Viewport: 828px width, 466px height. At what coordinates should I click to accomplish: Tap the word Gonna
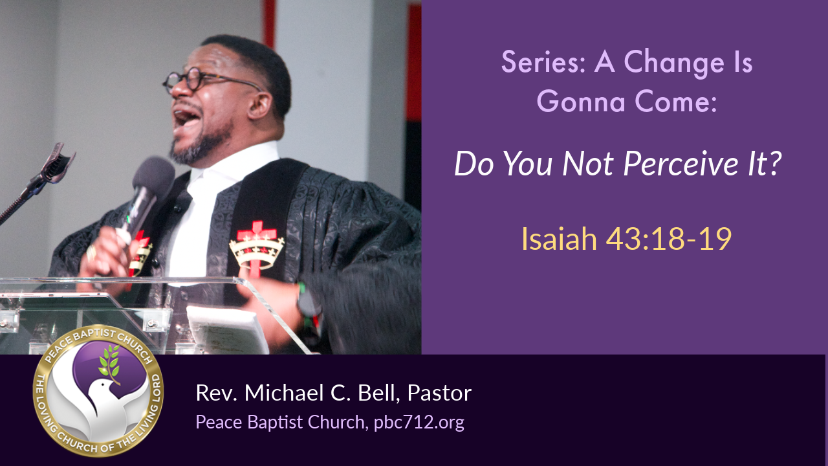click(x=581, y=101)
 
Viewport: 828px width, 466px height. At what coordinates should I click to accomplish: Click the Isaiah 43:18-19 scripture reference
click(x=626, y=239)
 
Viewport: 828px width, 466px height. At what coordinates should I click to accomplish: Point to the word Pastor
click(x=439, y=393)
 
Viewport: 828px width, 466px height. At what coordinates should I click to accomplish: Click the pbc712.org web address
click(x=419, y=423)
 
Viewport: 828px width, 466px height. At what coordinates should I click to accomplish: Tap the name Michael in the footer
click(x=284, y=393)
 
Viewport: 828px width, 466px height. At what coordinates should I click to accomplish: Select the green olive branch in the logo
click(x=110, y=363)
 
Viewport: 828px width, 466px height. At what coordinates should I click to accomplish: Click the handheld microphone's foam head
click(x=154, y=175)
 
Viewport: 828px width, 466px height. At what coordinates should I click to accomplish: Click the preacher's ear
click(x=260, y=105)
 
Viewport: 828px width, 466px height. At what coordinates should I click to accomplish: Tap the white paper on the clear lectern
click(x=227, y=330)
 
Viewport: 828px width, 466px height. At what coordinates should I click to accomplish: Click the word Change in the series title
click(x=674, y=63)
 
